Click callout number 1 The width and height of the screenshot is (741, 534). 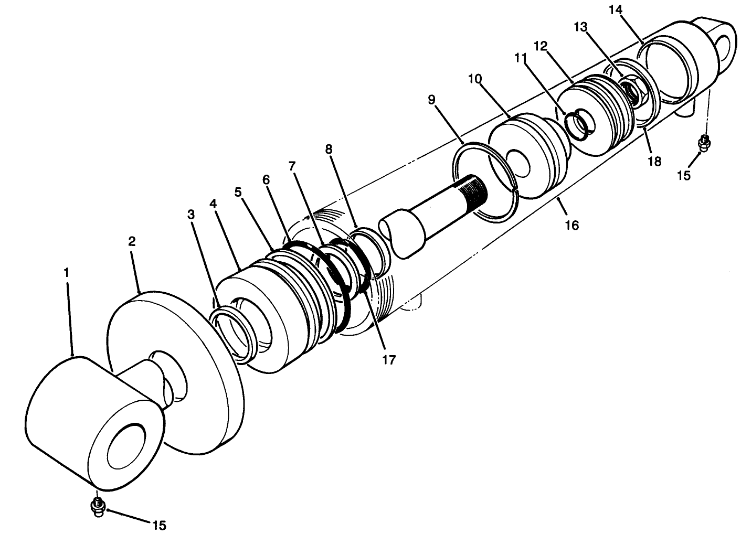(66, 273)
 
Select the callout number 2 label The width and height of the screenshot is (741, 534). (132, 241)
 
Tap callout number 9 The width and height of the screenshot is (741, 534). (431, 100)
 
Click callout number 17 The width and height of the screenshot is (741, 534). (389, 360)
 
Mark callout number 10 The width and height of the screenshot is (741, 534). (475, 79)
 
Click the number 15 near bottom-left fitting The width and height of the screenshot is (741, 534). (159, 525)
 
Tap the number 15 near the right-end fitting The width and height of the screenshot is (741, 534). (683, 175)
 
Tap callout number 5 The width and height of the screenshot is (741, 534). (238, 192)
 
